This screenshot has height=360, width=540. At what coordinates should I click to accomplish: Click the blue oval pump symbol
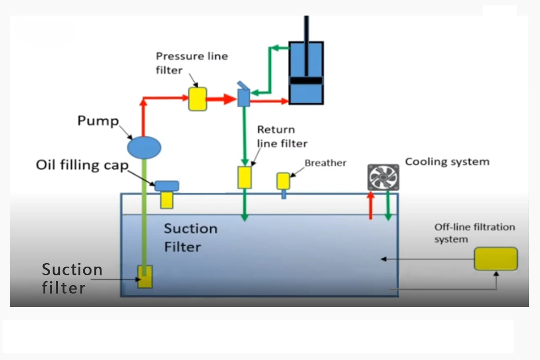(144, 146)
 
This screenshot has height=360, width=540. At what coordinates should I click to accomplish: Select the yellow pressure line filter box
(197, 99)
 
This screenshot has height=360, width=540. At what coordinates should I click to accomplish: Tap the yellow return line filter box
(244, 178)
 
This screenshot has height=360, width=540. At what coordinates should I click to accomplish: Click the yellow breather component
(283, 181)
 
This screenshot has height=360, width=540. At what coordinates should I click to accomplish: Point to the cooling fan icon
(383, 178)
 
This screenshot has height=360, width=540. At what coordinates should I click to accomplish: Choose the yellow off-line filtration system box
(496, 258)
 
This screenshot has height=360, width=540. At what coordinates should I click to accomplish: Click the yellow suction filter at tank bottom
(145, 276)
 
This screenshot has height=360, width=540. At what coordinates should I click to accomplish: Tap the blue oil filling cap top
(167, 186)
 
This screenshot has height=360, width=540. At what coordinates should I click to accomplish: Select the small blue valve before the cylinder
(243, 97)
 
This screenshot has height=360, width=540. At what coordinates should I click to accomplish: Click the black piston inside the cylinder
(306, 80)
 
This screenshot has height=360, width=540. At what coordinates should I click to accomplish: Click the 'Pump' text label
(98, 121)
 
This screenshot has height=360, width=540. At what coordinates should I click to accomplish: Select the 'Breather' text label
(325, 163)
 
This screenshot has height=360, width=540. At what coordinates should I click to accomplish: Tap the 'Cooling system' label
(447, 162)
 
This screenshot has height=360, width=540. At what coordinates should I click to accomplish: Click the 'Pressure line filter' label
(191, 63)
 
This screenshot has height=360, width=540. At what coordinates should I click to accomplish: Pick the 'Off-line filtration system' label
(474, 233)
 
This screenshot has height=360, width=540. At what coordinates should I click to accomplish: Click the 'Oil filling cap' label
(82, 165)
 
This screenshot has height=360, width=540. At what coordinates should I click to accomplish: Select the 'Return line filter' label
(282, 136)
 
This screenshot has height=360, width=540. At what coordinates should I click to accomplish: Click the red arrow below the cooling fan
(371, 206)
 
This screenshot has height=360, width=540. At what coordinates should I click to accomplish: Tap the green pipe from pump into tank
(144, 214)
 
